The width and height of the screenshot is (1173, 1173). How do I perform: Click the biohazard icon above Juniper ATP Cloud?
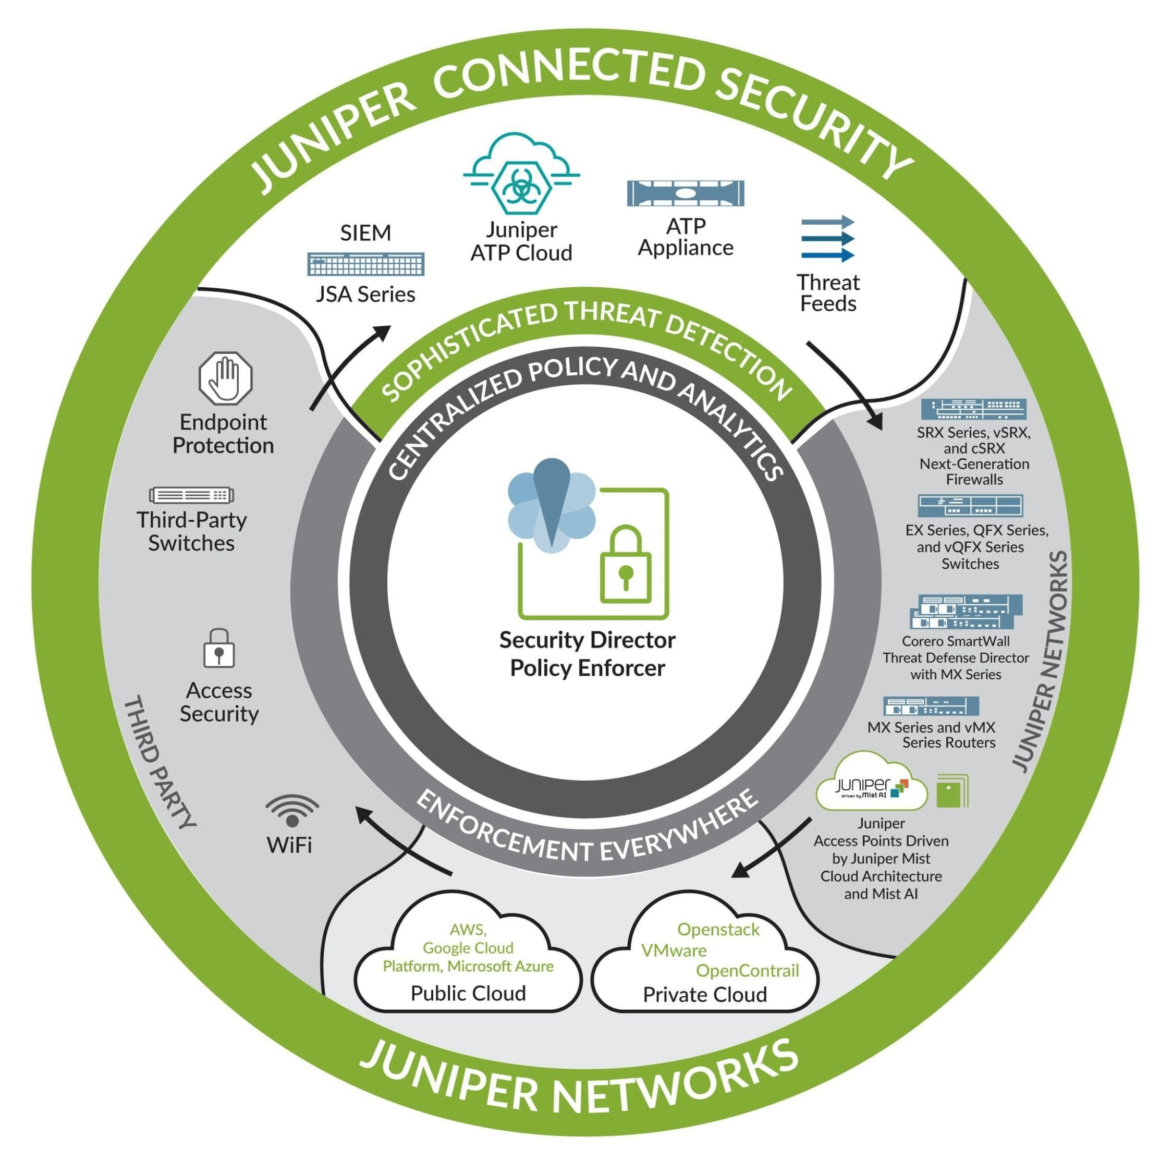point(521,188)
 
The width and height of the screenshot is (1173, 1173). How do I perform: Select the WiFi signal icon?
point(292,811)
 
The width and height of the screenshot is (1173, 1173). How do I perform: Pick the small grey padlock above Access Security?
point(218,649)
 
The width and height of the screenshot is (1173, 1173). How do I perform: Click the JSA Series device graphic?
point(365,264)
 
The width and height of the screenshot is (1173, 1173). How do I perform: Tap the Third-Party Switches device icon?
point(191,495)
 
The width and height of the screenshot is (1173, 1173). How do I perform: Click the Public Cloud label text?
point(468,993)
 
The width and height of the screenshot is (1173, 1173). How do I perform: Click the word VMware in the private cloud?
point(674,950)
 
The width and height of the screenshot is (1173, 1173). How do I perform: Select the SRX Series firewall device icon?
point(973,409)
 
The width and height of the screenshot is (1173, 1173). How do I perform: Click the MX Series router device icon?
point(931,706)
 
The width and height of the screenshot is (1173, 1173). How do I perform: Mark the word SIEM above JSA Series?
point(365,233)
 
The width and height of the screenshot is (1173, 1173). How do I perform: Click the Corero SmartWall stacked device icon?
point(966,612)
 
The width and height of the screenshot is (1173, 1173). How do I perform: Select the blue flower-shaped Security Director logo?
point(551,507)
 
